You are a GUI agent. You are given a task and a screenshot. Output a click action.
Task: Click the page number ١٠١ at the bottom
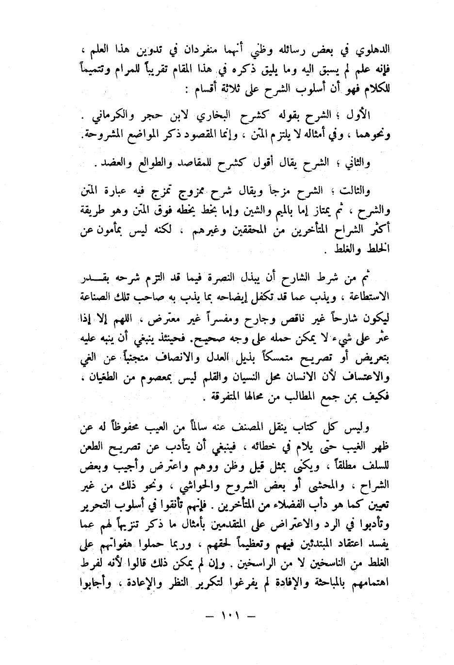click(227, 618)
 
